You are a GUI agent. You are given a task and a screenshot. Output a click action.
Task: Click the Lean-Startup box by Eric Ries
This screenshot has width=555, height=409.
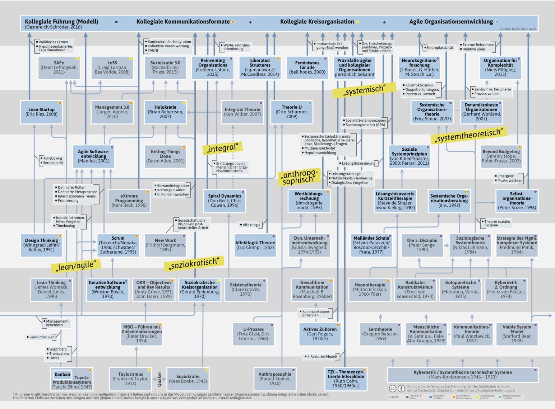coord(42,112)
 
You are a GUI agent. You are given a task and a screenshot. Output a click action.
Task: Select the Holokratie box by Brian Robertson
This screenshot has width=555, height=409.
coord(165,112)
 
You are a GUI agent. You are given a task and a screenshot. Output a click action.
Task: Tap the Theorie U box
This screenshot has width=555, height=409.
coord(292,112)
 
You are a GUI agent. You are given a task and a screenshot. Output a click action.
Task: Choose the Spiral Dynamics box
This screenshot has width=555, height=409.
coord(225,201)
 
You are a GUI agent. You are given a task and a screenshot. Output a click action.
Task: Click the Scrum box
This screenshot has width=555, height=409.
coord(118,245)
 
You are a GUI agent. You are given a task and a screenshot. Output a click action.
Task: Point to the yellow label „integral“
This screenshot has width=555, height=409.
coord(222,148)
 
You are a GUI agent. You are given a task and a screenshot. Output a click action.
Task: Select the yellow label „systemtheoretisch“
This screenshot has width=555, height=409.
coord(469,135)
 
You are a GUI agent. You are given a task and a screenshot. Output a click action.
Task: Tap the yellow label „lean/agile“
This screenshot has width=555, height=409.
coord(76,266)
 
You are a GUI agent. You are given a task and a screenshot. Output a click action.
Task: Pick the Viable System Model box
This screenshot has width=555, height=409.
coord(517,334)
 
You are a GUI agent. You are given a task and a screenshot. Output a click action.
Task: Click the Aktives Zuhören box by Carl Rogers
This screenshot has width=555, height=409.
coord(320,334)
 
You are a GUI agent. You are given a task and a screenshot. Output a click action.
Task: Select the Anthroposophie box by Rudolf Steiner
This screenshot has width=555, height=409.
coord(275,379)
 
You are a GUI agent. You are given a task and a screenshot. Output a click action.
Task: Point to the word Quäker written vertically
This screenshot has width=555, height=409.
coord(159,379)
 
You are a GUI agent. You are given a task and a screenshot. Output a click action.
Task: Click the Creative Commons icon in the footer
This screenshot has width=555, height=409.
coord(393,389)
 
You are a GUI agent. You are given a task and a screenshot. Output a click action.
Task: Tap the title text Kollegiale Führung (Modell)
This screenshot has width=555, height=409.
coord(61,22)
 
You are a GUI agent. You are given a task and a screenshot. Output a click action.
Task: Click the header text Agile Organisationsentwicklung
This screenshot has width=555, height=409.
coord(451,22)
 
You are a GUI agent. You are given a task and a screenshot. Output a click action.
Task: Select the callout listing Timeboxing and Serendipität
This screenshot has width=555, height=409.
coord(52,160)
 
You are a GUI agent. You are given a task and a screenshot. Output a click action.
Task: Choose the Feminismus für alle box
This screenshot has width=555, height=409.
coord(307,67)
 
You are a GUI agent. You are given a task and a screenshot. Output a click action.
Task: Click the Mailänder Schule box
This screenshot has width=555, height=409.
coord(371,245)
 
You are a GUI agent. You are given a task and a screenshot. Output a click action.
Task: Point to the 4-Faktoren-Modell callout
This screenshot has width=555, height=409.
coord(322,357)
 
